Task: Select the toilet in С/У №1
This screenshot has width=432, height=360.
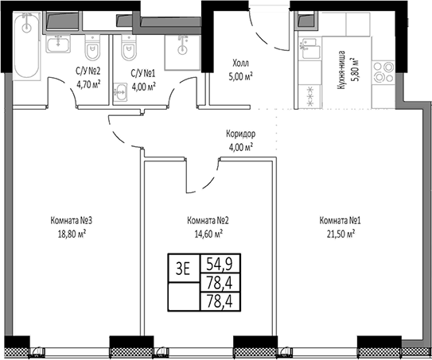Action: (x=127, y=52)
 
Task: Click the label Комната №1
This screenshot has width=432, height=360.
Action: (x=337, y=221)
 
